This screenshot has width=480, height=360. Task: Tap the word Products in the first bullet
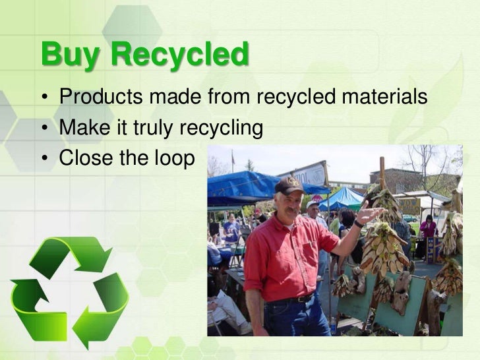pos(100,98)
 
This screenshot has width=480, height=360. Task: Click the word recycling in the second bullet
pos(222,128)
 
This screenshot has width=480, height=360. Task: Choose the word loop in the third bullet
pos(175,158)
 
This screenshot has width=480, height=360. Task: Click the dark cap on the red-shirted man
pos(289,186)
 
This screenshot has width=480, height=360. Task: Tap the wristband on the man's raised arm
pos(358,224)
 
